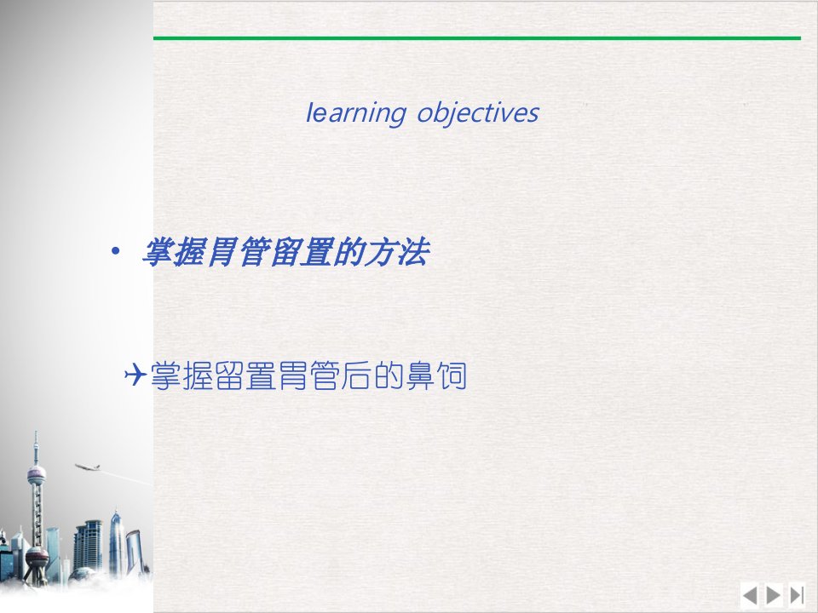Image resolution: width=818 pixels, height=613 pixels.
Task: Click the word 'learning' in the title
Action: pos(355,113)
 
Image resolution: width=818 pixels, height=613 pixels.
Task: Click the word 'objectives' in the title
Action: pos(478,113)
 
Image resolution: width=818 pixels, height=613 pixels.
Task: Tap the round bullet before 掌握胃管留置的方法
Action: pos(115,252)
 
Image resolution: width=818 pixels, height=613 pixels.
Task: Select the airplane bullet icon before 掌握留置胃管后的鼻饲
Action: pos(135,375)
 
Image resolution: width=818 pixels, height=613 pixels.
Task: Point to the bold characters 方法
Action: pos(396,252)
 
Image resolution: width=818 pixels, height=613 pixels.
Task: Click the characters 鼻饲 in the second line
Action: pos(436,375)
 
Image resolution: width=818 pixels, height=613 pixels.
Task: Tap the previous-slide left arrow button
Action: pos(750,595)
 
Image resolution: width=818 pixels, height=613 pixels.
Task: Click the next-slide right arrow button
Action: pos(773,595)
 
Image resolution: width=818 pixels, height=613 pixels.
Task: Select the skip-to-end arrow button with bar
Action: pos(797,595)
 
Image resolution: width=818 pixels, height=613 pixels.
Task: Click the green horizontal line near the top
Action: pos(477,38)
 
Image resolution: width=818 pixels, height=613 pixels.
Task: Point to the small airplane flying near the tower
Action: pos(88,467)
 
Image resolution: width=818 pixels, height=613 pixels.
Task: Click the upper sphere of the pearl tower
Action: pos(37,475)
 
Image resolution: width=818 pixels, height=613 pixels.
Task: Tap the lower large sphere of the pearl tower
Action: pos(37,559)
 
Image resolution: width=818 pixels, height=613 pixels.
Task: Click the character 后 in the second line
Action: pos(357,375)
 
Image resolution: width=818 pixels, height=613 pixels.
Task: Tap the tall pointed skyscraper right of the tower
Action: pos(116,542)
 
